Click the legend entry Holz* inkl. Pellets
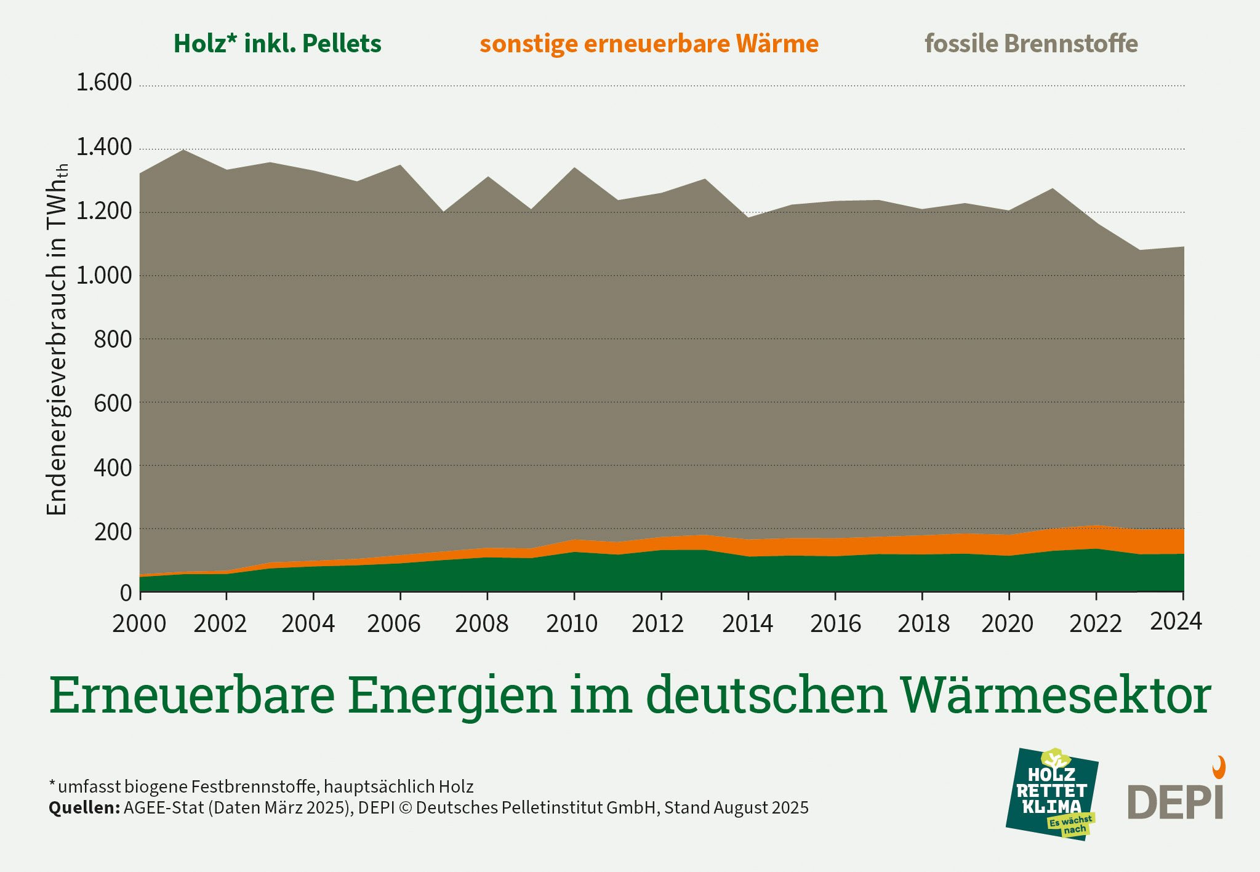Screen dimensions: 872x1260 point(277,44)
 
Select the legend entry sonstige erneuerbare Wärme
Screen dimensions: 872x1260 point(649,44)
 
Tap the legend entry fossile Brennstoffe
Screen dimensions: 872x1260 point(1031,44)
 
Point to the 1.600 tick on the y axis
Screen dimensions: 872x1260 point(103,82)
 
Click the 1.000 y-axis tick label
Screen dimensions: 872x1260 point(103,275)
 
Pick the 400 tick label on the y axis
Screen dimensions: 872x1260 point(112,468)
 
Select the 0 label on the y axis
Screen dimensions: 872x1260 point(126,593)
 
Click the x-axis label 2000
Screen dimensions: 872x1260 point(139,623)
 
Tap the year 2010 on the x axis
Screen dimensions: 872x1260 point(572,623)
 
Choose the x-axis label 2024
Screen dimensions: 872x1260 point(1176,622)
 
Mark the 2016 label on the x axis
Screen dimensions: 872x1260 point(835,623)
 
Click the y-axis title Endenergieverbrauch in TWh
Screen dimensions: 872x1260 point(57,338)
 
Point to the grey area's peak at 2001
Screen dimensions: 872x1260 point(184,150)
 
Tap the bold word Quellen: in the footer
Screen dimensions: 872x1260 point(84,808)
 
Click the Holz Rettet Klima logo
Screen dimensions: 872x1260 point(1052,794)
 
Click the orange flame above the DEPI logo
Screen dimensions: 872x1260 point(1219,767)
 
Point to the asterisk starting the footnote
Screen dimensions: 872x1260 point(52,783)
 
